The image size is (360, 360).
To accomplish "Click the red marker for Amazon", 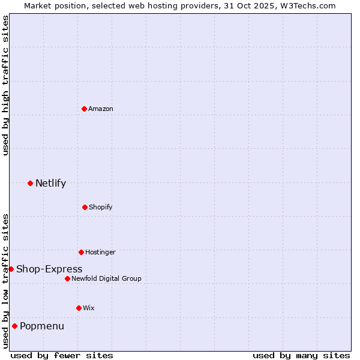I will coord(84,109).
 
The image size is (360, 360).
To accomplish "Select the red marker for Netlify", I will coord(30,183).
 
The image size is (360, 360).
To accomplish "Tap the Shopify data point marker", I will coord(85,207).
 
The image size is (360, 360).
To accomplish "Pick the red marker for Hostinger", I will coord(81,252).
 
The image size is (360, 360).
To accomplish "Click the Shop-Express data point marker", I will coord(11,269).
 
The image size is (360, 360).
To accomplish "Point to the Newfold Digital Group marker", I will coord(67,278).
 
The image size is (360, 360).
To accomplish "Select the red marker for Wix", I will coord(79,308).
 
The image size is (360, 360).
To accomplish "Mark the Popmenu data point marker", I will coord(14,326).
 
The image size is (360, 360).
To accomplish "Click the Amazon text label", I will coord(101,109).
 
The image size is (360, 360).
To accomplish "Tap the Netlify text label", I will coord(50,184).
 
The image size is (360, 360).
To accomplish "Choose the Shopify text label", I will coord(101,207).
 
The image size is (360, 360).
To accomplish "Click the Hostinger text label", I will coord(100,252).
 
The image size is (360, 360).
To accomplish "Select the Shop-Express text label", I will coord(49,269).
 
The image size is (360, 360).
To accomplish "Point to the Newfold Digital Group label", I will coord(106,278).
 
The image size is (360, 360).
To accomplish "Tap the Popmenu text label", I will coord(42,326).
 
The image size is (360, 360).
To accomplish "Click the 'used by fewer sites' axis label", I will coord(62,355).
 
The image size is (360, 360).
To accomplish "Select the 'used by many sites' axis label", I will coord(301,355).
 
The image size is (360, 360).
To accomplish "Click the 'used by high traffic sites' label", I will coord(5,85).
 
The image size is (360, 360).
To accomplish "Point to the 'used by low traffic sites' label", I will coord(5,281).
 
